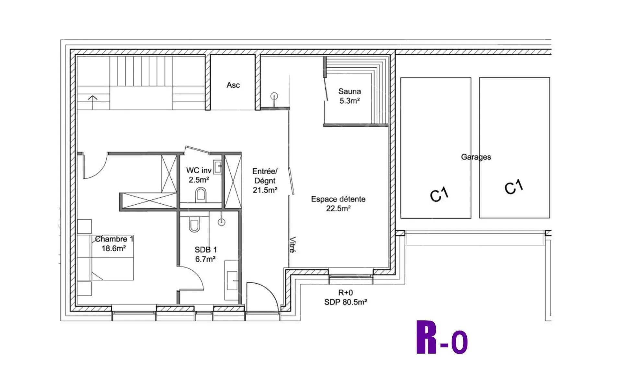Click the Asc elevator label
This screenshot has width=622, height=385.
pos(233,85)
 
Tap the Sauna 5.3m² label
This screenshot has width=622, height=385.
pos(349,96)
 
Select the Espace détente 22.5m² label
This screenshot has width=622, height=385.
pos(338,204)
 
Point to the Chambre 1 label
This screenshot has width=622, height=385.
pos(114,239)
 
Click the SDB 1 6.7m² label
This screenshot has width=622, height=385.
pos(205,254)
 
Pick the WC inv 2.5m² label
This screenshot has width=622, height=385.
pos(199,175)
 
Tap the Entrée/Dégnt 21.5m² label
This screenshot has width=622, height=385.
pos(265,181)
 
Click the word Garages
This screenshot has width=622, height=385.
pos(476,157)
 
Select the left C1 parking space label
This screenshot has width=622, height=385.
pos(439,194)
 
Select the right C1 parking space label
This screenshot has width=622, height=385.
pos(514,187)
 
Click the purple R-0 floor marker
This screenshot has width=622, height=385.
pos(442,338)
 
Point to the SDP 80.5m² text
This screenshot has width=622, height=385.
pos(345,302)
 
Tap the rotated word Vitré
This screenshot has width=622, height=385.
pos(292,245)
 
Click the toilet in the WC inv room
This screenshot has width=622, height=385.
pos(201,194)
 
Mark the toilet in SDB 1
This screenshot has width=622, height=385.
pos(194,224)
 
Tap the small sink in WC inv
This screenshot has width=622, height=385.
pos(218,167)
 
